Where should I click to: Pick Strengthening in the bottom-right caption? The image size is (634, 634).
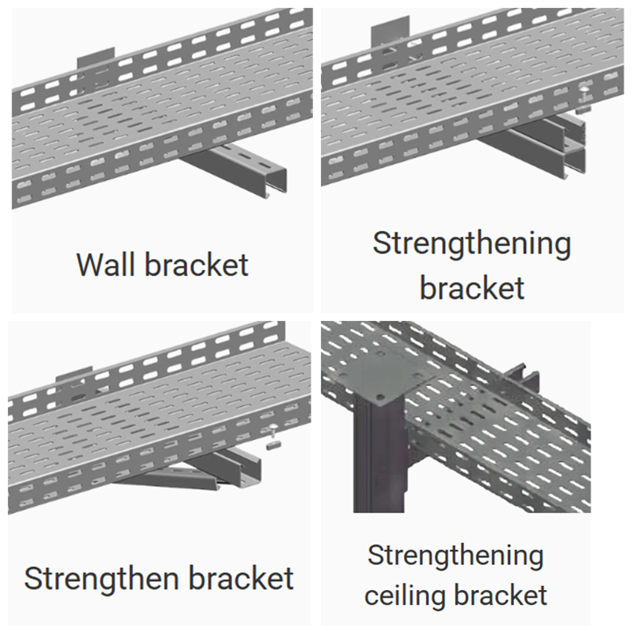(455, 555)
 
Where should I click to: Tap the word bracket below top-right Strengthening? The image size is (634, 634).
(472, 288)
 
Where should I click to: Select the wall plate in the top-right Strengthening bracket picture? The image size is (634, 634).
(390, 29)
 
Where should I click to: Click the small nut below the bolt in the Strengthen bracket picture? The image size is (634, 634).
(271, 446)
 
